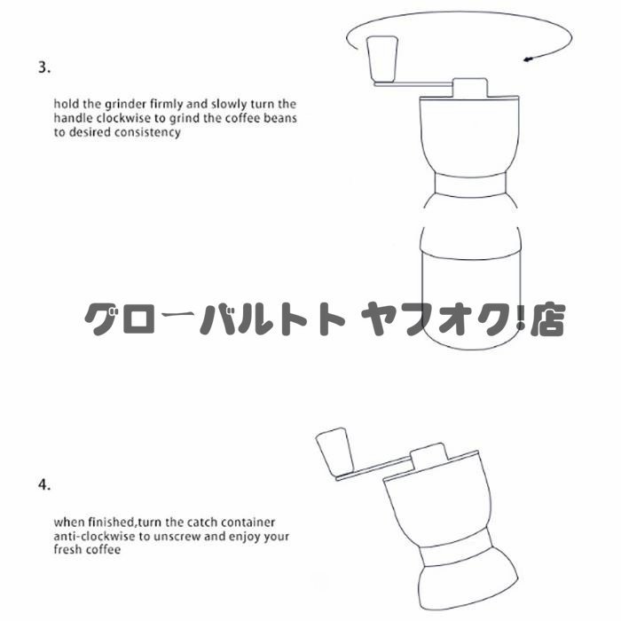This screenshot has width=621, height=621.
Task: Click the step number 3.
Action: [x=44, y=67]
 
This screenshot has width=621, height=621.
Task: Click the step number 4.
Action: [x=44, y=484]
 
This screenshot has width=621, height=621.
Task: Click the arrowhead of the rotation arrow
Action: [x=528, y=59]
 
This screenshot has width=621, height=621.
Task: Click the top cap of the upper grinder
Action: [x=469, y=87]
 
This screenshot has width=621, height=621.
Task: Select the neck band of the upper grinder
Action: [x=470, y=185]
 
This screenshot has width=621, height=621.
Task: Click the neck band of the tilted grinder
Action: [x=456, y=554]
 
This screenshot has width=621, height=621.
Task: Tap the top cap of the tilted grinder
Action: [x=429, y=455]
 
